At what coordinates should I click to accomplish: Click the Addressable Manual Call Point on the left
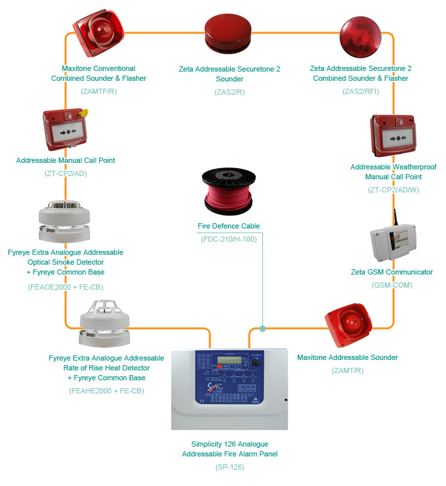[x=66, y=129]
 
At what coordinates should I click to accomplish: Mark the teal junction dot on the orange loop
[x=262, y=328]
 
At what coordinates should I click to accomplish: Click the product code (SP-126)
[x=230, y=467]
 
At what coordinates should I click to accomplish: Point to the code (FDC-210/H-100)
[x=229, y=239]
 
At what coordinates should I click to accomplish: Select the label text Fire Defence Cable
[x=229, y=226]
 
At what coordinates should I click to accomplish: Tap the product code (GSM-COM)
[x=392, y=286]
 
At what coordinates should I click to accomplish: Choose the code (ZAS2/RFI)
[x=359, y=91]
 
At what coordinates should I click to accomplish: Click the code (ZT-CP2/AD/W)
[x=392, y=190]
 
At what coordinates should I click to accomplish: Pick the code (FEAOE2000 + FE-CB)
[x=66, y=287]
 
